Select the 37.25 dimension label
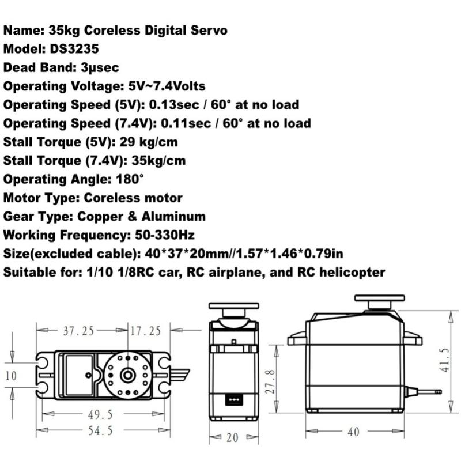(x=78, y=331)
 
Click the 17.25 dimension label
(x=145, y=331)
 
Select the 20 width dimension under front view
(x=232, y=437)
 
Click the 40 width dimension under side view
(x=353, y=431)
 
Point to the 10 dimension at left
(x=12, y=376)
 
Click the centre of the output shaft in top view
(x=127, y=375)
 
